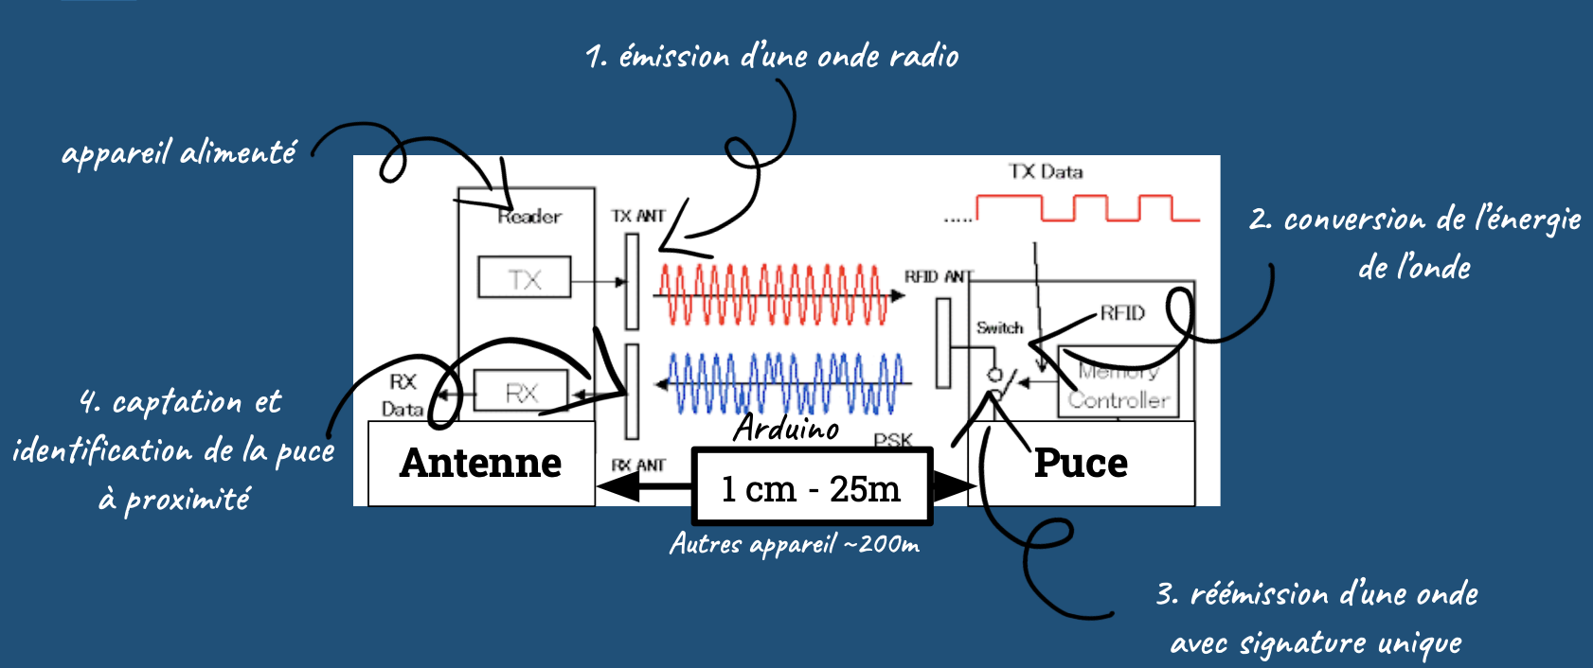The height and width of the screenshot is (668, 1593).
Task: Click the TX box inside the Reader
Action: (x=524, y=278)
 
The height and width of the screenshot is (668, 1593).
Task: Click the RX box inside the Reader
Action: (x=520, y=392)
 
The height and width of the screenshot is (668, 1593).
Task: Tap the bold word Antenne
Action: (x=480, y=463)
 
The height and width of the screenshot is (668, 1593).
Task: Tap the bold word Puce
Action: (x=1081, y=463)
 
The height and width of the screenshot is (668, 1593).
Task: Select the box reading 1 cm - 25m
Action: (x=812, y=488)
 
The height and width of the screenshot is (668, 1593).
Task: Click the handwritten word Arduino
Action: (x=786, y=429)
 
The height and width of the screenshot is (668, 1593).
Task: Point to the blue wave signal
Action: (x=781, y=383)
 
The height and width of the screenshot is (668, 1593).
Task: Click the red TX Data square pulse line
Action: (x=1089, y=208)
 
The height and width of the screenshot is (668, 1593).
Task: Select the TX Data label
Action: (x=1046, y=171)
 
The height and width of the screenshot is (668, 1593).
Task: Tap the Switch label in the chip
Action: (x=999, y=327)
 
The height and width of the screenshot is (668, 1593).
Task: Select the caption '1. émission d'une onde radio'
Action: (x=772, y=57)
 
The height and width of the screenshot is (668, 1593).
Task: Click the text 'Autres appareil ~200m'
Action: (x=794, y=544)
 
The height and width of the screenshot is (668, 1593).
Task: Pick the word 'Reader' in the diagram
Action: (x=529, y=217)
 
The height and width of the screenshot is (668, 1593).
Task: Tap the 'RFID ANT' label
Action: (x=938, y=276)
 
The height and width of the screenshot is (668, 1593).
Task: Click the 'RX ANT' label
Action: (x=637, y=466)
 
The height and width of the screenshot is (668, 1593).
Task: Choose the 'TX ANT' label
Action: (x=637, y=216)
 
